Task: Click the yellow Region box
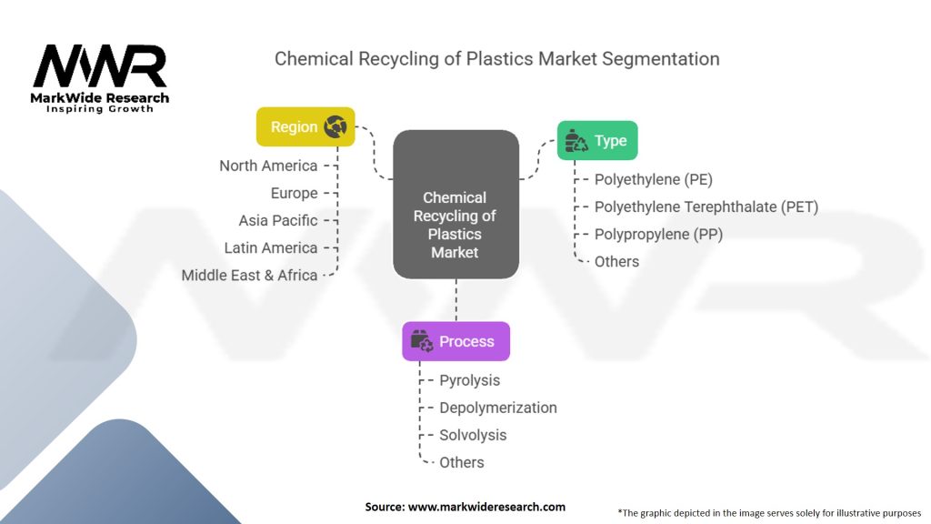[305, 126]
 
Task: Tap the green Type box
[597, 140]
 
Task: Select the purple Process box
[456, 341]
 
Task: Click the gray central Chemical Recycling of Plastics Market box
[456, 205]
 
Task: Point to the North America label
[268, 166]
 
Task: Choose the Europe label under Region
[294, 193]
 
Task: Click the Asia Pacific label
[278, 220]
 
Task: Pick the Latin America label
[271, 247]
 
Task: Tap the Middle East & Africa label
[249, 275]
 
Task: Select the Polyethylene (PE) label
[653, 179]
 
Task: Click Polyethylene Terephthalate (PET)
[706, 207]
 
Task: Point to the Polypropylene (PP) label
[658, 234]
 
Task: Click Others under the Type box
[616, 261]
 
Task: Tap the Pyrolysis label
[470, 380]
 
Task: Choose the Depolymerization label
[498, 408]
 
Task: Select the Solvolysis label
[473, 435]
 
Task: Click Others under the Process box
[461, 462]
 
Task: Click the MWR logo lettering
[100, 65]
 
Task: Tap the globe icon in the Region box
[335, 126]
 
